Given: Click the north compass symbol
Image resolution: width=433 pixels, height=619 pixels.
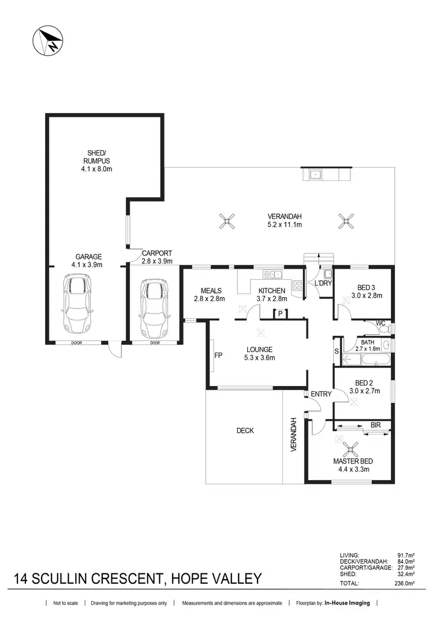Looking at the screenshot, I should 48,41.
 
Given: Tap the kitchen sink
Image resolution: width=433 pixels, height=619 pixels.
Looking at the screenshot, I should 271,274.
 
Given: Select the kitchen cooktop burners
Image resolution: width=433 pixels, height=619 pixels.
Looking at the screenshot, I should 297,285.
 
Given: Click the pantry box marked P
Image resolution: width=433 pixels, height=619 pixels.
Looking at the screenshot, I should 281,314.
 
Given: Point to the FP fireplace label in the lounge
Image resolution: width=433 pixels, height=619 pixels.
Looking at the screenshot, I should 218,355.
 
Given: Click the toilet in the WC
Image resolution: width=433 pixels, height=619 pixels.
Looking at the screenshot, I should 383,329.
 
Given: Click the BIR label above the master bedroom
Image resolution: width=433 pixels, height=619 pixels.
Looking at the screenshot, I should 376,425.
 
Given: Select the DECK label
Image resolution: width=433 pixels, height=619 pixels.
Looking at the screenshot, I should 245,431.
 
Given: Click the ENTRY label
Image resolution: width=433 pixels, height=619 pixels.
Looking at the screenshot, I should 321,394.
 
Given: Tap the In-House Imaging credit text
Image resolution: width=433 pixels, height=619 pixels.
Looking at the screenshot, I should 348,603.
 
